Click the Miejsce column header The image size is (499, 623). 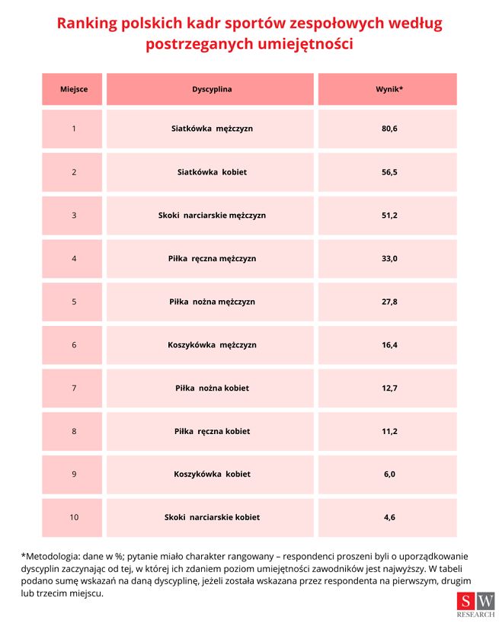point(74,89)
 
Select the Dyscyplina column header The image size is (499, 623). point(212,89)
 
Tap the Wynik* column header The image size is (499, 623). point(389,89)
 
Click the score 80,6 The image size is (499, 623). point(389,129)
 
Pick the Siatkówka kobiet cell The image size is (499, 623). point(212,172)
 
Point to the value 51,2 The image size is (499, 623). point(389,216)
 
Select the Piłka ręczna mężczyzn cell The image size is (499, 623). point(212,259)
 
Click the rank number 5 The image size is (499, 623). point(74,302)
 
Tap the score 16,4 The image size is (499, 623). point(389,345)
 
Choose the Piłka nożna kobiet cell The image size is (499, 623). point(212,388)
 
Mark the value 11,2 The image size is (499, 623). point(389,431)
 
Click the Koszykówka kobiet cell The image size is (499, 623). point(212,474)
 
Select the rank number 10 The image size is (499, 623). point(74,517)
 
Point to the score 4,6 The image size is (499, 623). point(389,517)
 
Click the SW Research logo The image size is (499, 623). point(475,605)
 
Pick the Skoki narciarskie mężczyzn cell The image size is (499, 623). point(212,216)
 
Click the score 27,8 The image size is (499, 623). point(389,302)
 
